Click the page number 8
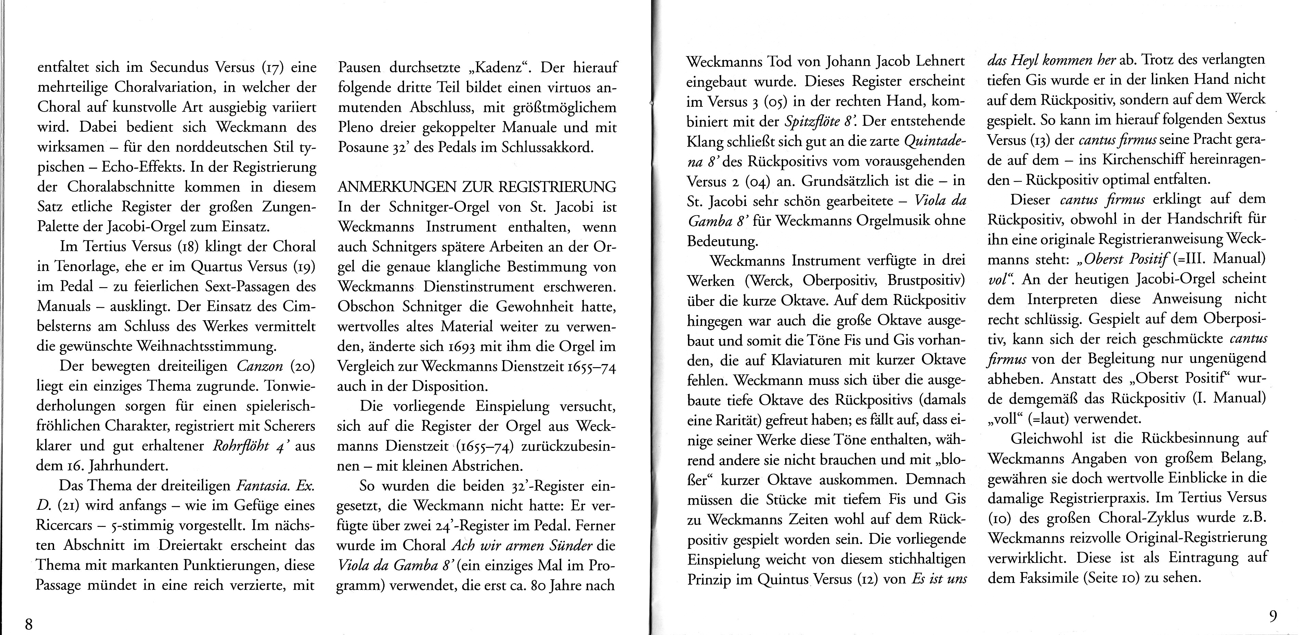(x=29, y=624)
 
